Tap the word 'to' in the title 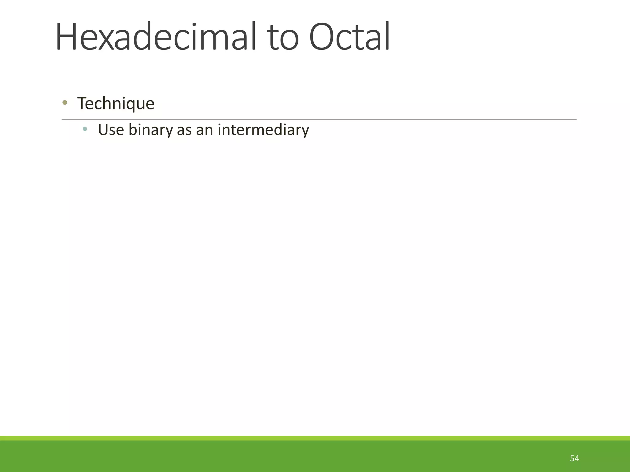click(x=283, y=38)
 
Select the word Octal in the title click(x=349, y=37)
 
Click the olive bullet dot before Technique click(x=65, y=103)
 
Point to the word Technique click(x=116, y=104)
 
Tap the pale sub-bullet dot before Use click(x=85, y=129)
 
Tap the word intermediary click(x=263, y=130)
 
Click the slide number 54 click(x=574, y=458)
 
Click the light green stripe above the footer click(x=315, y=438)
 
